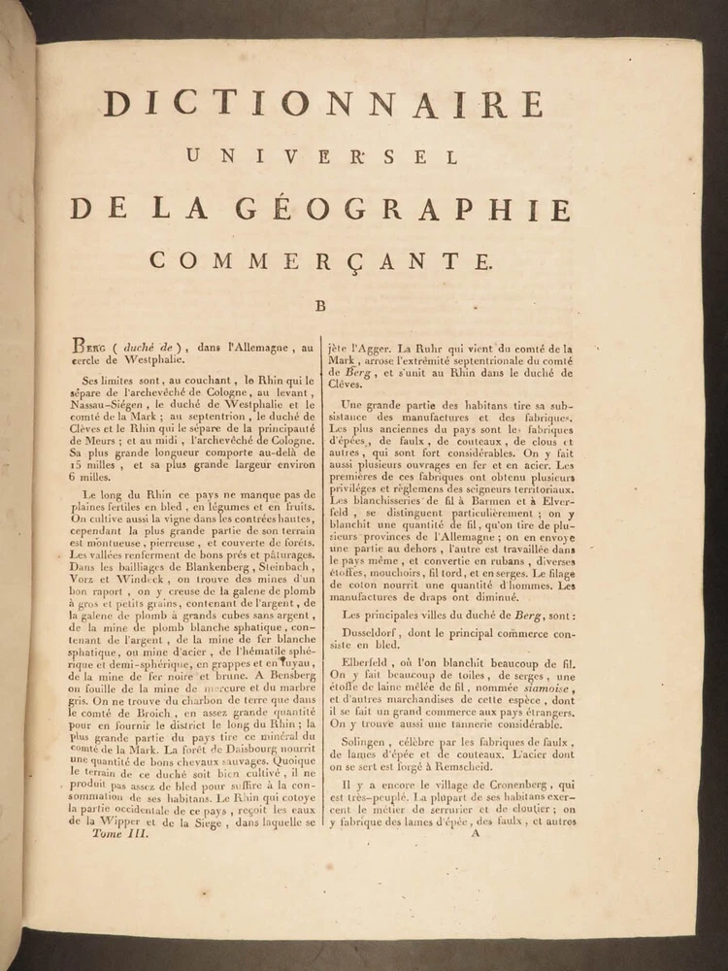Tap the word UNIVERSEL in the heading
point(321,156)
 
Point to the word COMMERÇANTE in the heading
point(321,260)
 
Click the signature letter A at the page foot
point(474,832)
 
